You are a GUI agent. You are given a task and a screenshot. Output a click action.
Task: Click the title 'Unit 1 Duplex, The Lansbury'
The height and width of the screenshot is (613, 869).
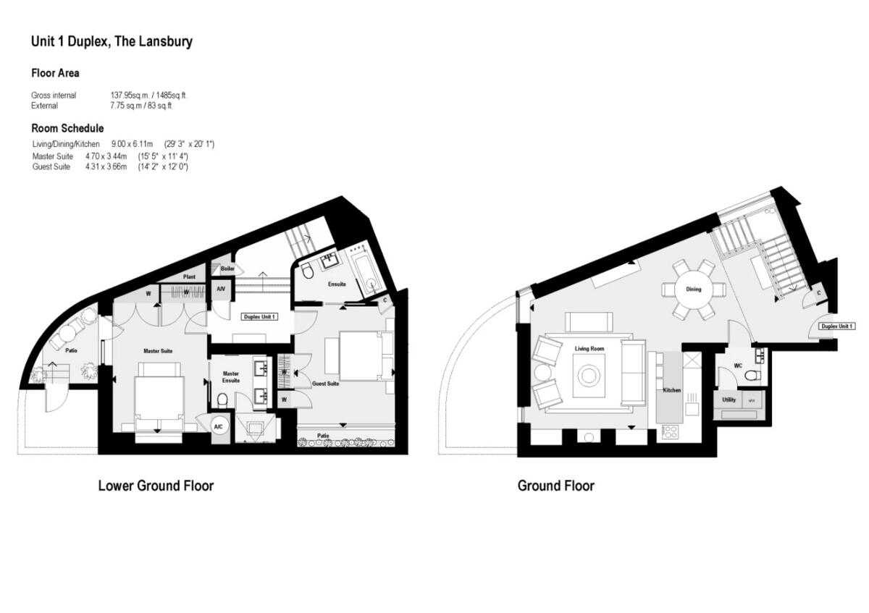(112, 41)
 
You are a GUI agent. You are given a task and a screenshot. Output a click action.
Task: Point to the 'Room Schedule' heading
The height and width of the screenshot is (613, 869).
(67, 128)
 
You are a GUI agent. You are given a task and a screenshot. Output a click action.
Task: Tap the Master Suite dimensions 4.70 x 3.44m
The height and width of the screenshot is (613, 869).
(106, 156)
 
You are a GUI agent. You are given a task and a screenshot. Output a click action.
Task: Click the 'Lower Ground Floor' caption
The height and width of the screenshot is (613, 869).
(156, 486)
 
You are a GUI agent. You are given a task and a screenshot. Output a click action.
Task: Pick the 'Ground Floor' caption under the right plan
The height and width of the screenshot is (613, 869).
(555, 486)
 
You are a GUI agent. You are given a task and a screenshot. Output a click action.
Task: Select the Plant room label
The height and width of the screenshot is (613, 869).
(189, 276)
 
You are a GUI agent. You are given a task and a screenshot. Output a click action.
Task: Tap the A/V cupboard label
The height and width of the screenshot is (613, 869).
(220, 289)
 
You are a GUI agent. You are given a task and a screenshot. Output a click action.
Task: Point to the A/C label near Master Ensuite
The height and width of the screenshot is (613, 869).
(218, 426)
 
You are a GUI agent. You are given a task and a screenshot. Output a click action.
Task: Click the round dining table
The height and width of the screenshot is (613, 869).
(694, 289)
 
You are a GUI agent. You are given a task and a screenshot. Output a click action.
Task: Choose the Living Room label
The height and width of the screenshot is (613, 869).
(590, 349)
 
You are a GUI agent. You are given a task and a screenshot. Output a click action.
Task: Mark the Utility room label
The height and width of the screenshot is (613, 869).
(729, 399)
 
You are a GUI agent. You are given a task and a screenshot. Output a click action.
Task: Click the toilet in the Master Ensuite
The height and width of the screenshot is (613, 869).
(223, 398)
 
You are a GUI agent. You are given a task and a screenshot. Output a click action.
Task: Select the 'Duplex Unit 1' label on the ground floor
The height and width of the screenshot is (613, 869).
(836, 326)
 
